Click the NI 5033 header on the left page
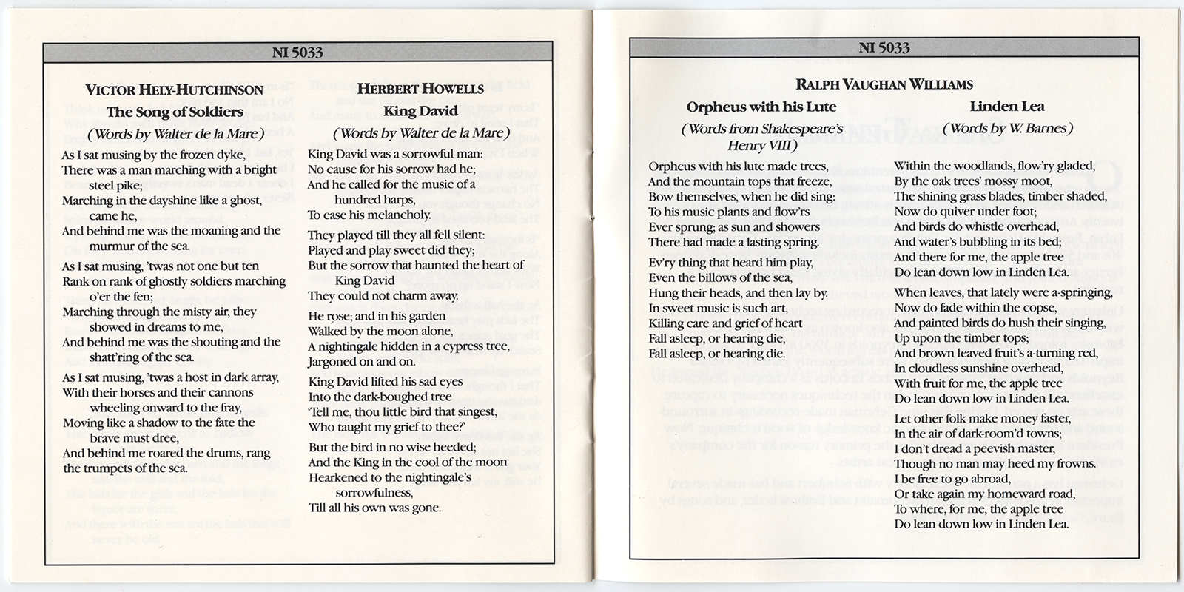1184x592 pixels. click(297, 53)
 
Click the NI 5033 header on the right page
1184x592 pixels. click(884, 48)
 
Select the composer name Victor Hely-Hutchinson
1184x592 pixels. click(175, 90)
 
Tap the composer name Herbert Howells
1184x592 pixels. click(420, 90)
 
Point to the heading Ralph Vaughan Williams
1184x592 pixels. click(884, 84)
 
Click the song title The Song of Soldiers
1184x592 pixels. click(175, 112)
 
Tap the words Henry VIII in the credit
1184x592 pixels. click(762, 146)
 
